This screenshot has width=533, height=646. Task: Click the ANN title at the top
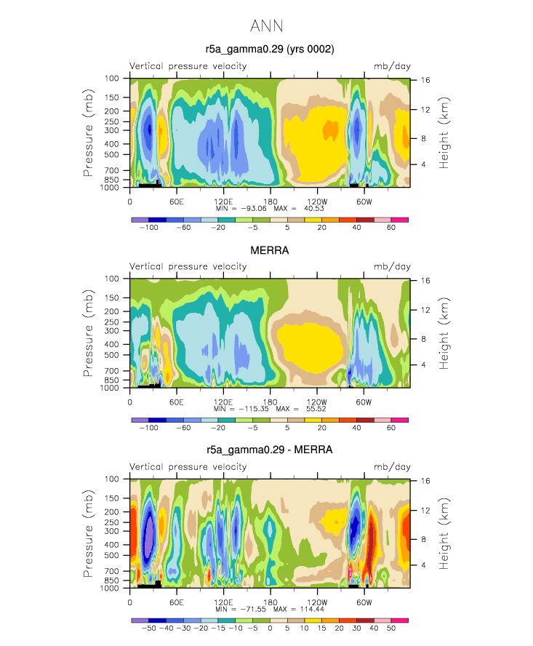pos(266,26)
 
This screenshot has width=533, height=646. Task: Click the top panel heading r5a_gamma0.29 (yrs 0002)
pos(270,49)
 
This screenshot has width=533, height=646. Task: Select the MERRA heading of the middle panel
pos(270,250)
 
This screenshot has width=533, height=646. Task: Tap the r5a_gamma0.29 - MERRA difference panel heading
pos(270,450)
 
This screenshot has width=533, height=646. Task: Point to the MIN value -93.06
pos(254,209)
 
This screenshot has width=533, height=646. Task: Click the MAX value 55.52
pos(316,409)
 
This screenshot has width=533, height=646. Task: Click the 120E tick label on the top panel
pos(223,202)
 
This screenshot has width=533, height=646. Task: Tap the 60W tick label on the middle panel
pos(364,402)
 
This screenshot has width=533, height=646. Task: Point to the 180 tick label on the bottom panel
pos(270,602)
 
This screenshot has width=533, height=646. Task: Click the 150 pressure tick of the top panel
pos(112,97)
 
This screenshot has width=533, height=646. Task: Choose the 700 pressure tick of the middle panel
pos(112,371)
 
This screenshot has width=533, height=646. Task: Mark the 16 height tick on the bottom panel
pos(425,481)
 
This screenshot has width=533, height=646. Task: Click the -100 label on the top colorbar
pos(148,228)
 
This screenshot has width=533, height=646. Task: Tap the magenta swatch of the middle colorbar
pos(399,420)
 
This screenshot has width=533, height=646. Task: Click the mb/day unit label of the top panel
pos(392,66)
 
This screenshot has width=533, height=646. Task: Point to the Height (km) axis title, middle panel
pos(444,333)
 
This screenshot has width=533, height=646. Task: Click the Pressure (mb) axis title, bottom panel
pos(88,533)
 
